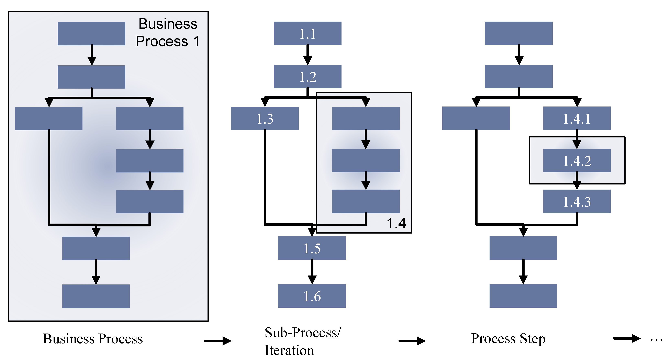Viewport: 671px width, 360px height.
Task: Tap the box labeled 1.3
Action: pos(265,119)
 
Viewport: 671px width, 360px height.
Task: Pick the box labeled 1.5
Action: pos(312,248)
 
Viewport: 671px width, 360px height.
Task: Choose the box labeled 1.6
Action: pos(312,296)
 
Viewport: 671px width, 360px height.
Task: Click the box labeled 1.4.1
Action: pos(577,119)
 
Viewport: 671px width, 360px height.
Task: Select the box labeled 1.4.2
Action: pos(577,161)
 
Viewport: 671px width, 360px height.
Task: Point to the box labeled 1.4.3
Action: pos(577,201)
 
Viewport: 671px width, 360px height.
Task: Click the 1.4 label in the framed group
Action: pos(396,223)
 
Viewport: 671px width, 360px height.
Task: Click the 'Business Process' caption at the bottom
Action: pos(93,339)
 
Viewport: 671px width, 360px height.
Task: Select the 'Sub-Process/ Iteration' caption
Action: pos(302,341)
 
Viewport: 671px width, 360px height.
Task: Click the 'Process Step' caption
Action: pos(508,339)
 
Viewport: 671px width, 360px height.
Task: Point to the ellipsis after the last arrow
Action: pos(656,340)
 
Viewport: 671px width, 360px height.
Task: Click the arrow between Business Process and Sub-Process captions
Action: pos(218,341)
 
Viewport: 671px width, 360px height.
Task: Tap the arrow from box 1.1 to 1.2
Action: pos(308,55)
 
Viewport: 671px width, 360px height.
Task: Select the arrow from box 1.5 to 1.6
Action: pos(312,272)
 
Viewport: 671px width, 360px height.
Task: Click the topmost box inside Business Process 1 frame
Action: pos(91,34)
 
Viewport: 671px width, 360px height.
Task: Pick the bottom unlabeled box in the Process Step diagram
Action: pos(523,296)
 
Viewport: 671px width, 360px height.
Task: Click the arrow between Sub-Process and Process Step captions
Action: pos(412,341)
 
